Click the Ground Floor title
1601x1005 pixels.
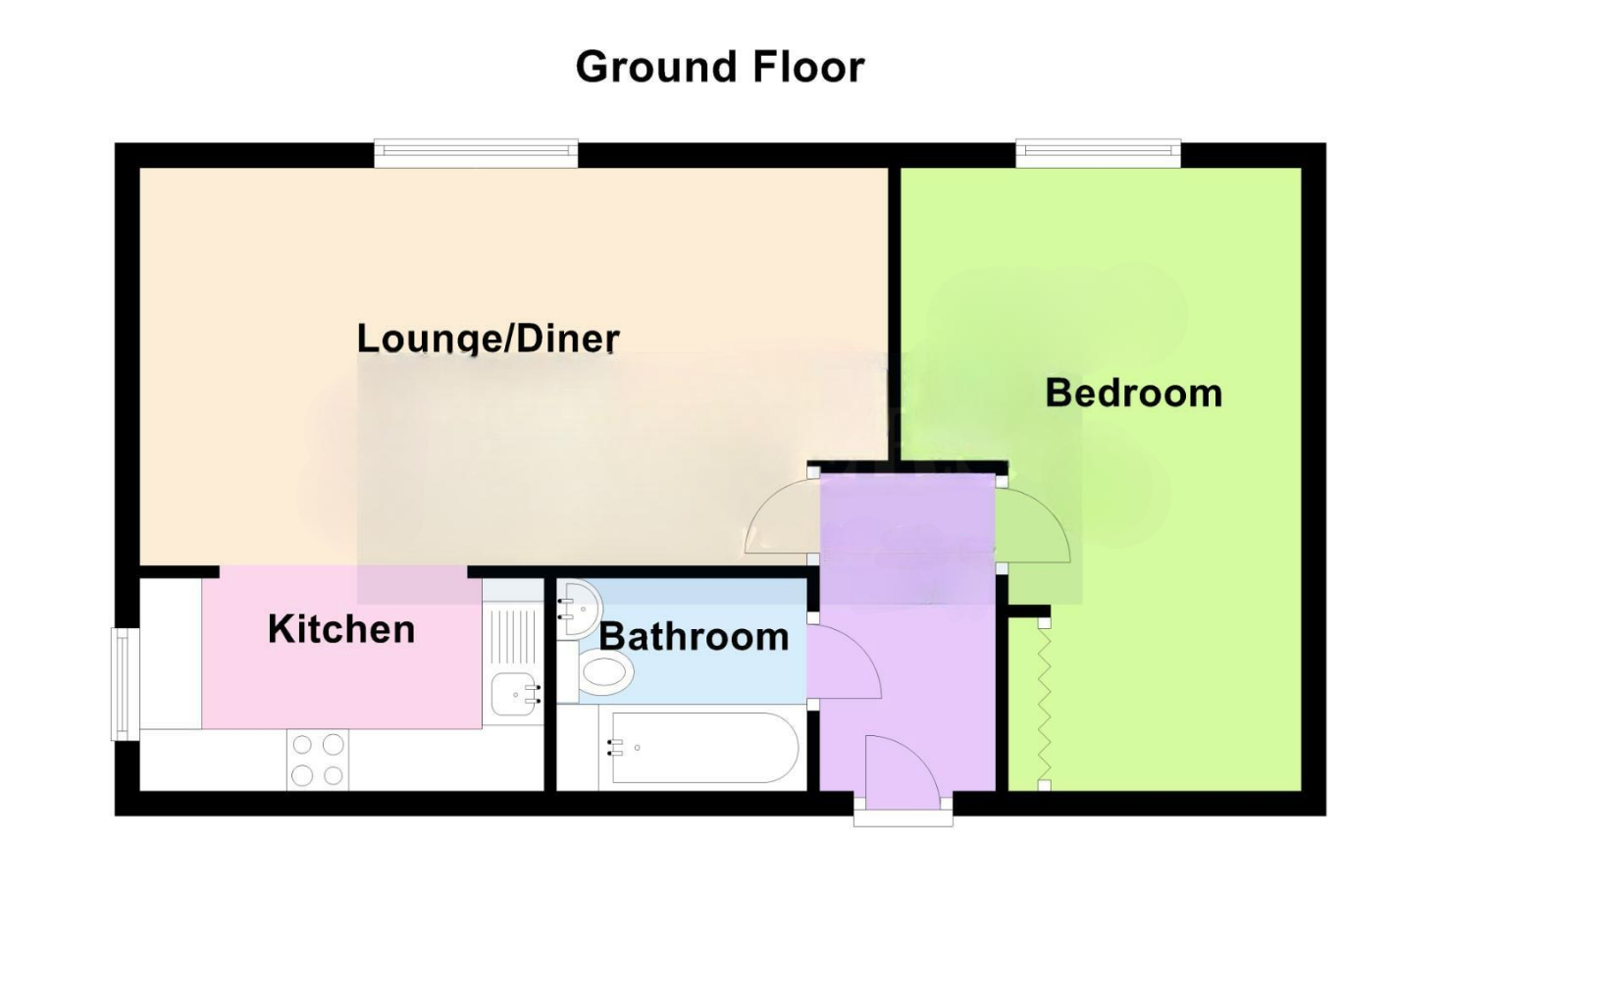tap(720, 68)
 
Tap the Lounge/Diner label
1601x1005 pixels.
tap(488, 339)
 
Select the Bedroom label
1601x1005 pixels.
tap(1133, 394)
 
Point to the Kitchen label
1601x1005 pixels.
tap(341, 629)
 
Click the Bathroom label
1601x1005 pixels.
tap(694, 637)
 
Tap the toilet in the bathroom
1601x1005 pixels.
tap(604, 674)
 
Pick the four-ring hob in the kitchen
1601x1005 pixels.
tap(318, 760)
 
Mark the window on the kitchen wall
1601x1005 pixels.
tap(121, 684)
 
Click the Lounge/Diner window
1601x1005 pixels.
tap(476, 152)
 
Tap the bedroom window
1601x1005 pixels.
tap(1098, 152)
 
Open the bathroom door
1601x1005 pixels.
tap(844, 662)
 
